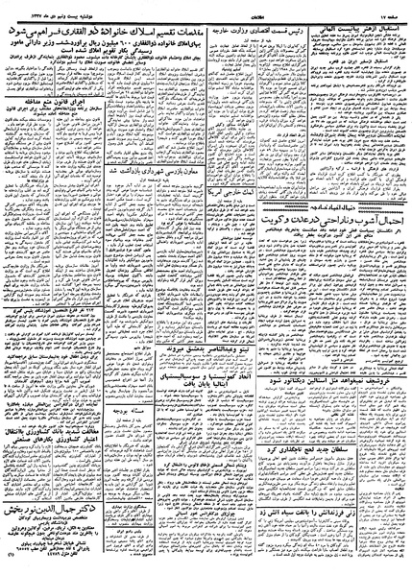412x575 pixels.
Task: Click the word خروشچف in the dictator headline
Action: [x=385, y=379]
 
